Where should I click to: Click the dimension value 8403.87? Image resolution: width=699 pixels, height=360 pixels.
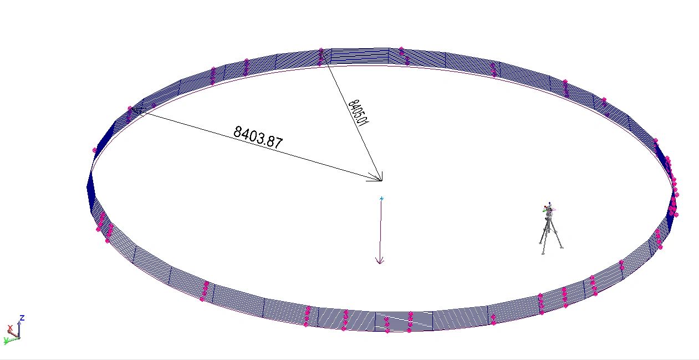coord(258,136)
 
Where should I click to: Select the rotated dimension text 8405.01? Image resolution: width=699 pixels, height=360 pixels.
coord(359,113)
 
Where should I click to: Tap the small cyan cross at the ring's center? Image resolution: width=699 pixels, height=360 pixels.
coord(381,198)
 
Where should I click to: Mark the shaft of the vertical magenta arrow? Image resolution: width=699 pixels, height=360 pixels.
coord(381,230)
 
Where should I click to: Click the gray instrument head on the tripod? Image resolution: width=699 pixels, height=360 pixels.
coord(549,211)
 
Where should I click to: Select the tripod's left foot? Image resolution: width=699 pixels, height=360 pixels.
coord(540,242)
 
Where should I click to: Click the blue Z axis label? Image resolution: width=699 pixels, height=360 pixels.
coord(22,318)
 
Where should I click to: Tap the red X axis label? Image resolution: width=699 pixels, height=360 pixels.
coord(9,328)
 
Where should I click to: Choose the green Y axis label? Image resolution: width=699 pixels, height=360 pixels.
coord(6,340)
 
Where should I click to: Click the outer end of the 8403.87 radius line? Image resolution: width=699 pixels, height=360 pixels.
coord(133,109)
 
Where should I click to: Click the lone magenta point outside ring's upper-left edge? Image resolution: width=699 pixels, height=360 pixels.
coord(95,150)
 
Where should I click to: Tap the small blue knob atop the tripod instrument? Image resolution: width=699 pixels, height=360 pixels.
coord(549,203)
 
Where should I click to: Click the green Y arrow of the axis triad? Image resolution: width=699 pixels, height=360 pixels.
coord(12,338)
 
